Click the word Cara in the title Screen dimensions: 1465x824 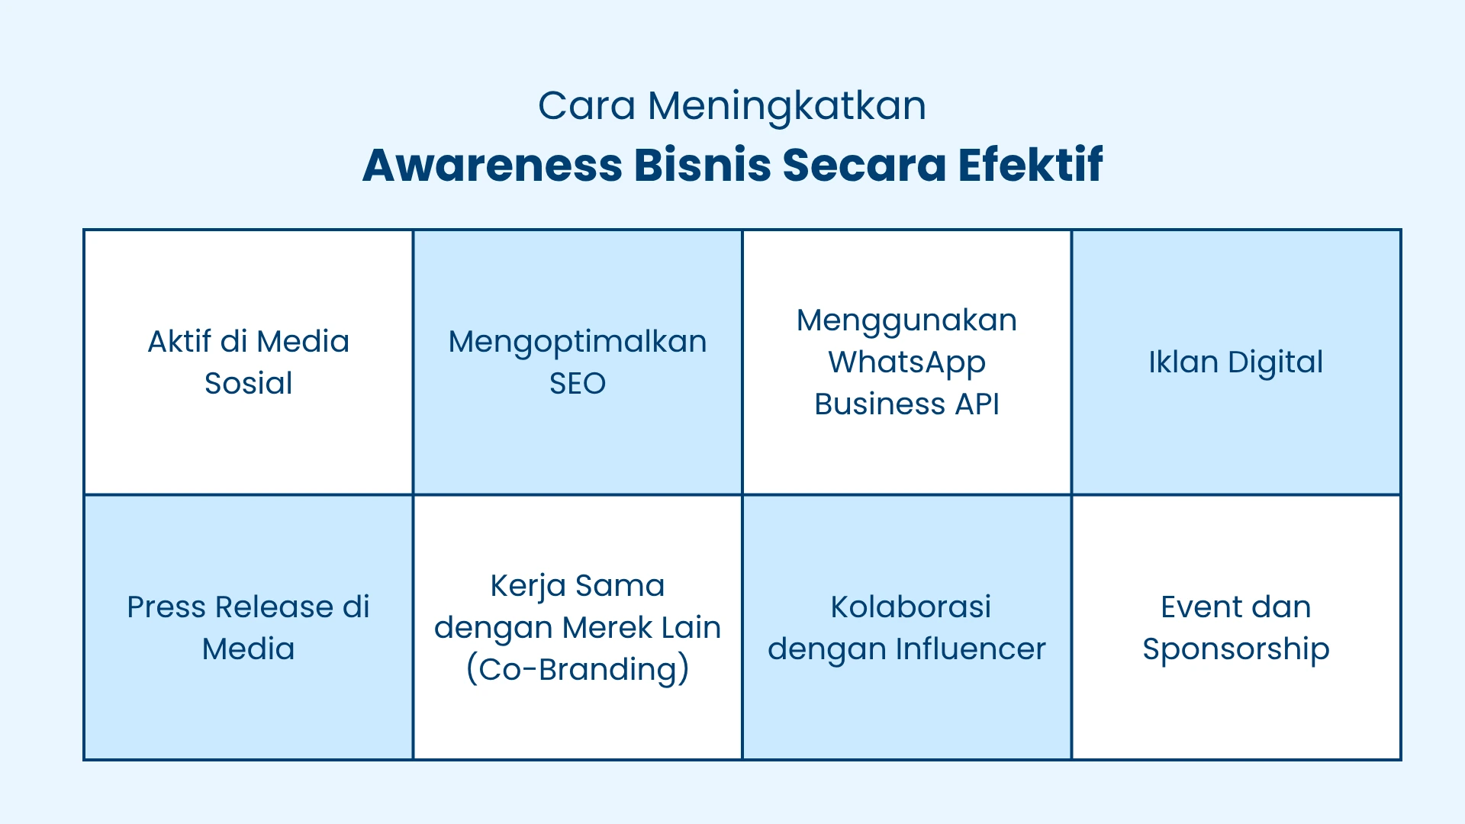click(586, 106)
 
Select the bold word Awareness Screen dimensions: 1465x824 click(492, 166)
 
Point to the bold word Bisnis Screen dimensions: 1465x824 click(702, 165)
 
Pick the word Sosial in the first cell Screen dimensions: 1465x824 click(248, 383)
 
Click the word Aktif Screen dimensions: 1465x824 click(179, 341)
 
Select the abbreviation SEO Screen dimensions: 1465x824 click(578, 383)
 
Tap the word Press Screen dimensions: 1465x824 click(166, 607)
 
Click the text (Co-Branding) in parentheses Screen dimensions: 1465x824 click(578, 670)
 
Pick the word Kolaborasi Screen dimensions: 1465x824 click(910, 607)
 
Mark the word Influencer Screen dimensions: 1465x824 click(970, 649)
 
